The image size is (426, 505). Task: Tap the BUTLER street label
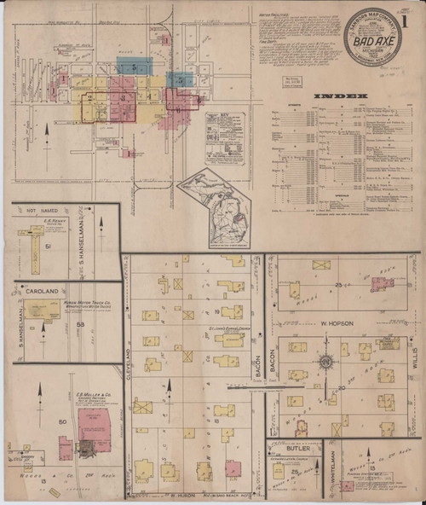pos(293,447)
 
